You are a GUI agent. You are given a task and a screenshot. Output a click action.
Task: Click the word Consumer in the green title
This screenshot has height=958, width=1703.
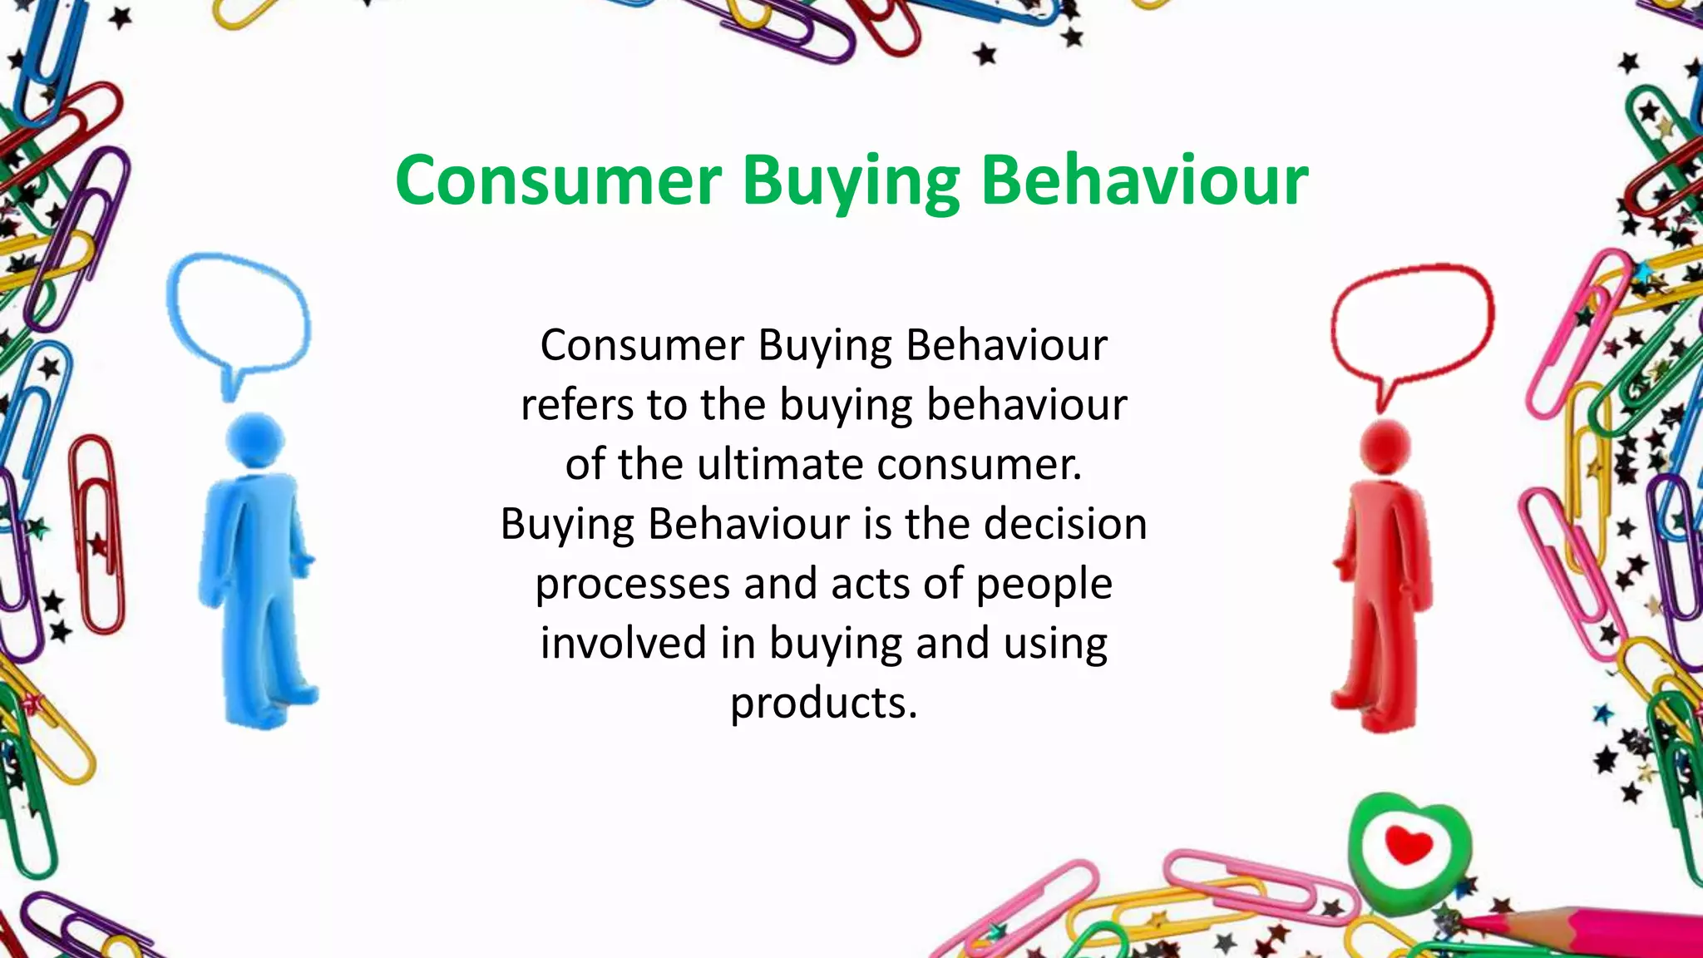tap(558, 180)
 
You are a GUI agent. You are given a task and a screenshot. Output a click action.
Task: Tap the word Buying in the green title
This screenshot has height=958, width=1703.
tap(851, 180)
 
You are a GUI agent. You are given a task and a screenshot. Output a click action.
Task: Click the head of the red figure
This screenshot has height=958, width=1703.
tap(1386, 446)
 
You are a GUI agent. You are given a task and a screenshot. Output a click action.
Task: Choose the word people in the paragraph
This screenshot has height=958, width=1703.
tap(1044, 584)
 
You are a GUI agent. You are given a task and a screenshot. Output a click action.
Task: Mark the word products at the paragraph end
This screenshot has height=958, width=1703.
tap(823, 703)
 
